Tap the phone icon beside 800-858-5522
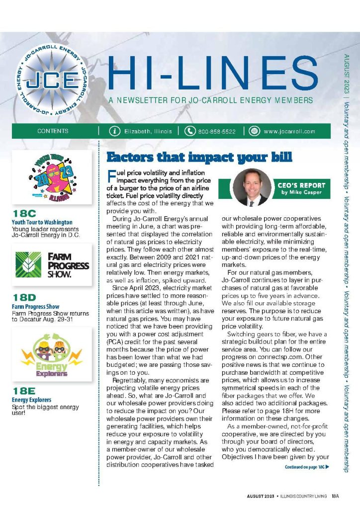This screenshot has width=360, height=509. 190,131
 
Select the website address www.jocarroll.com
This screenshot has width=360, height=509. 289,131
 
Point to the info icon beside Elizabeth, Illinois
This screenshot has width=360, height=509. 115,131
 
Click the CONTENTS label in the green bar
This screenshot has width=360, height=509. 53,131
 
